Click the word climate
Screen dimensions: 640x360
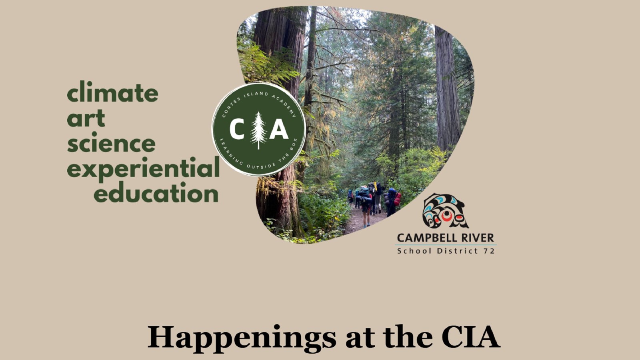tap(112, 92)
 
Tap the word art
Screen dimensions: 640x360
tap(86, 118)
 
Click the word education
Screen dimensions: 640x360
tap(156, 192)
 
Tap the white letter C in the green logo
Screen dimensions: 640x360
tap(237, 129)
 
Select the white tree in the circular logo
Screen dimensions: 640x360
tap(258, 130)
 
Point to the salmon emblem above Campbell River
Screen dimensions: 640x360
tap(445, 211)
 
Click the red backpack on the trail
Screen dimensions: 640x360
tap(397, 199)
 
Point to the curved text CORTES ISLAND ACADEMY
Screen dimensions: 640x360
tap(258, 97)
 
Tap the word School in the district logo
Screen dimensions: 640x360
tap(414, 251)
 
